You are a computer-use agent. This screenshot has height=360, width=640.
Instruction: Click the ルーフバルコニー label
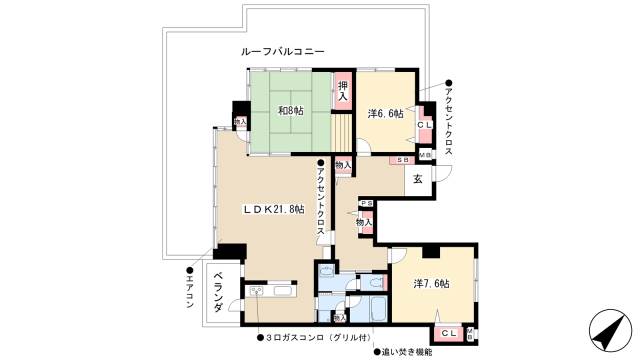click(x=281, y=50)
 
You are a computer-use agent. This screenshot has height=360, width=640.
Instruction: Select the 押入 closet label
click(x=343, y=91)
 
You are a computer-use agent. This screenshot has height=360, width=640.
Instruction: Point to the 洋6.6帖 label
click(x=385, y=113)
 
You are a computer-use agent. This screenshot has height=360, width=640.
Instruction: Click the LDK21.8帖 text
click(x=272, y=209)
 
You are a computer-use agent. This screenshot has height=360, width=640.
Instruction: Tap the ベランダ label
click(x=218, y=297)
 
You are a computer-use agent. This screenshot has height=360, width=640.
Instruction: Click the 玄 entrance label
click(x=418, y=179)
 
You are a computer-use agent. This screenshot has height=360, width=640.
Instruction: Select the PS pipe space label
click(x=365, y=203)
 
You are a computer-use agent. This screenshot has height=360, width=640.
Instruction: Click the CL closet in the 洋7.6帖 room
click(x=450, y=332)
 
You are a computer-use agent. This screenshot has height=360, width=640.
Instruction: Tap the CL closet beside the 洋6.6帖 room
click(x=424, y=124)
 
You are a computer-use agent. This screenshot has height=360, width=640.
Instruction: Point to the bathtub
click(x=377, y=309)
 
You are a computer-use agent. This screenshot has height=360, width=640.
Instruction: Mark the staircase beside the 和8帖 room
click(x=343, y=131)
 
